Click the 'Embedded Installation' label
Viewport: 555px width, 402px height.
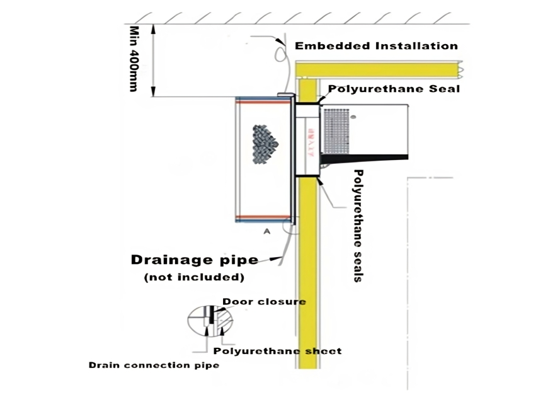(376, 46)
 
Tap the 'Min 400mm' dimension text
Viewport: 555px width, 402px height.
(134, 58)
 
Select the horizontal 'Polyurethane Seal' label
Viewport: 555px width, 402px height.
(394, 89)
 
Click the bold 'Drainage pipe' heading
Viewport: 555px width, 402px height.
(193, 260)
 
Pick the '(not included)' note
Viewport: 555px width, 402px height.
(193, 277)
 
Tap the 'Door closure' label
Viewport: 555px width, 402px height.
(264, 302)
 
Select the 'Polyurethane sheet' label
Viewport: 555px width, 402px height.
(278, 351)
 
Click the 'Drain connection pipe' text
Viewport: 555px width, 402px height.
(154, 365)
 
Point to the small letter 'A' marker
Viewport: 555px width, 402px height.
(266, 232)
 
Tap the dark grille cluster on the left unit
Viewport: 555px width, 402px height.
(264, 143)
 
